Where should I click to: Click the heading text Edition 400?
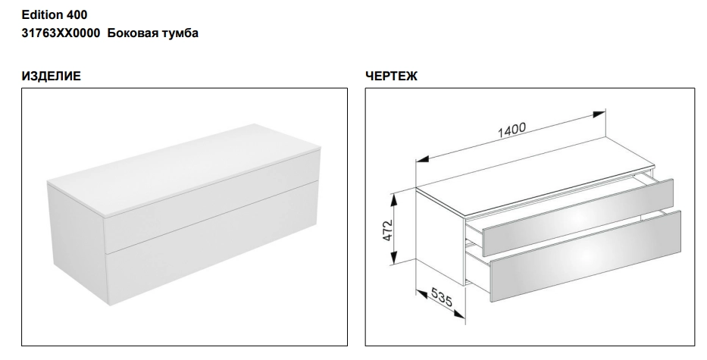55,15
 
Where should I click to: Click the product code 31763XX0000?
61,33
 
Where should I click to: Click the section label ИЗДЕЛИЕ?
51,77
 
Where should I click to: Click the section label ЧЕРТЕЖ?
391,77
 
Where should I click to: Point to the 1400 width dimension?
511,130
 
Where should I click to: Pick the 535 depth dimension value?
442,297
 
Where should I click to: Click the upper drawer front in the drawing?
577,218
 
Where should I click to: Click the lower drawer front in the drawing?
585,256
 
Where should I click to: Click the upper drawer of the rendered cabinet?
212,201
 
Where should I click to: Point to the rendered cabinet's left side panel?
77,243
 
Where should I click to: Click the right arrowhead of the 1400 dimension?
599,113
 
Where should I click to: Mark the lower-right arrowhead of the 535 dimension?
459,314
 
